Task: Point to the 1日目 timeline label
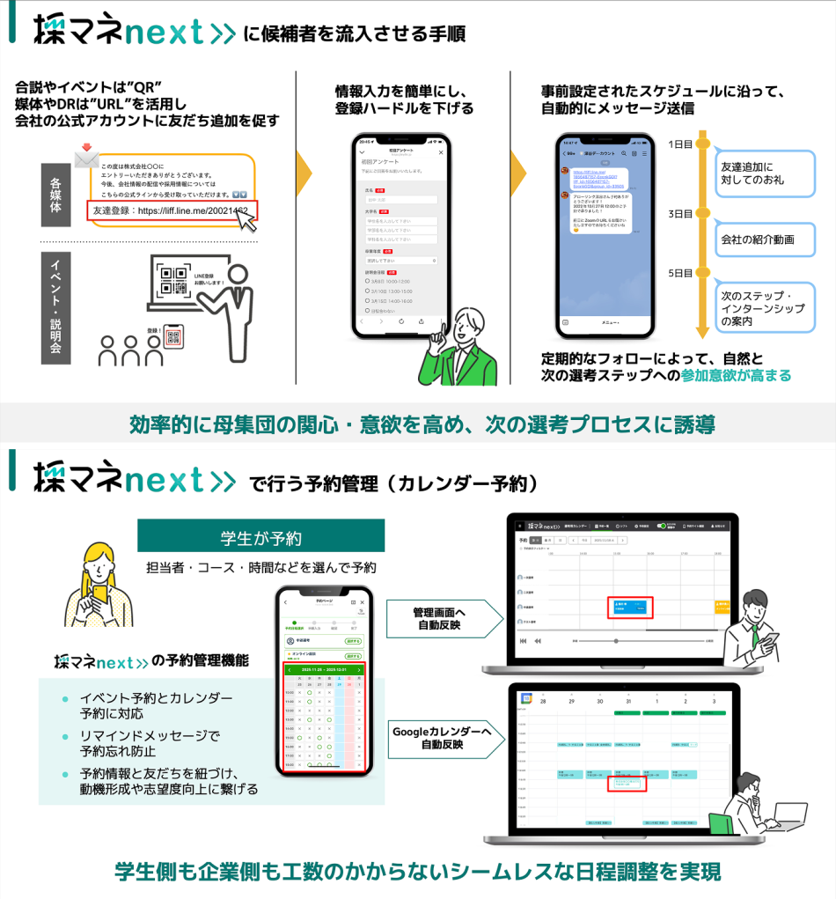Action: tap(679, 144)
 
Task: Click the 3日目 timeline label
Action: tap(679, 214)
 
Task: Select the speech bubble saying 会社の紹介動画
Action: tap(763, 239)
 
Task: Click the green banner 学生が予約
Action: tap(260, 536)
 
